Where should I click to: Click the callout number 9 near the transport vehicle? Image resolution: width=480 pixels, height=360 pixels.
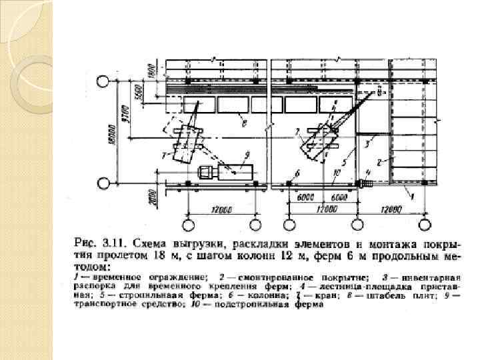click(247, 156)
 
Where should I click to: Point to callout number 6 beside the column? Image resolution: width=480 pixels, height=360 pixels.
click(297, 173)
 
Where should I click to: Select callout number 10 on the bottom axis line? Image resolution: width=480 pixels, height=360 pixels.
click(337, 173)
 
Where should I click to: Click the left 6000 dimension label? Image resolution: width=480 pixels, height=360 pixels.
click(305, 198)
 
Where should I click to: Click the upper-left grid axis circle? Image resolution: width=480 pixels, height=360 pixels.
click(103, 83)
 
